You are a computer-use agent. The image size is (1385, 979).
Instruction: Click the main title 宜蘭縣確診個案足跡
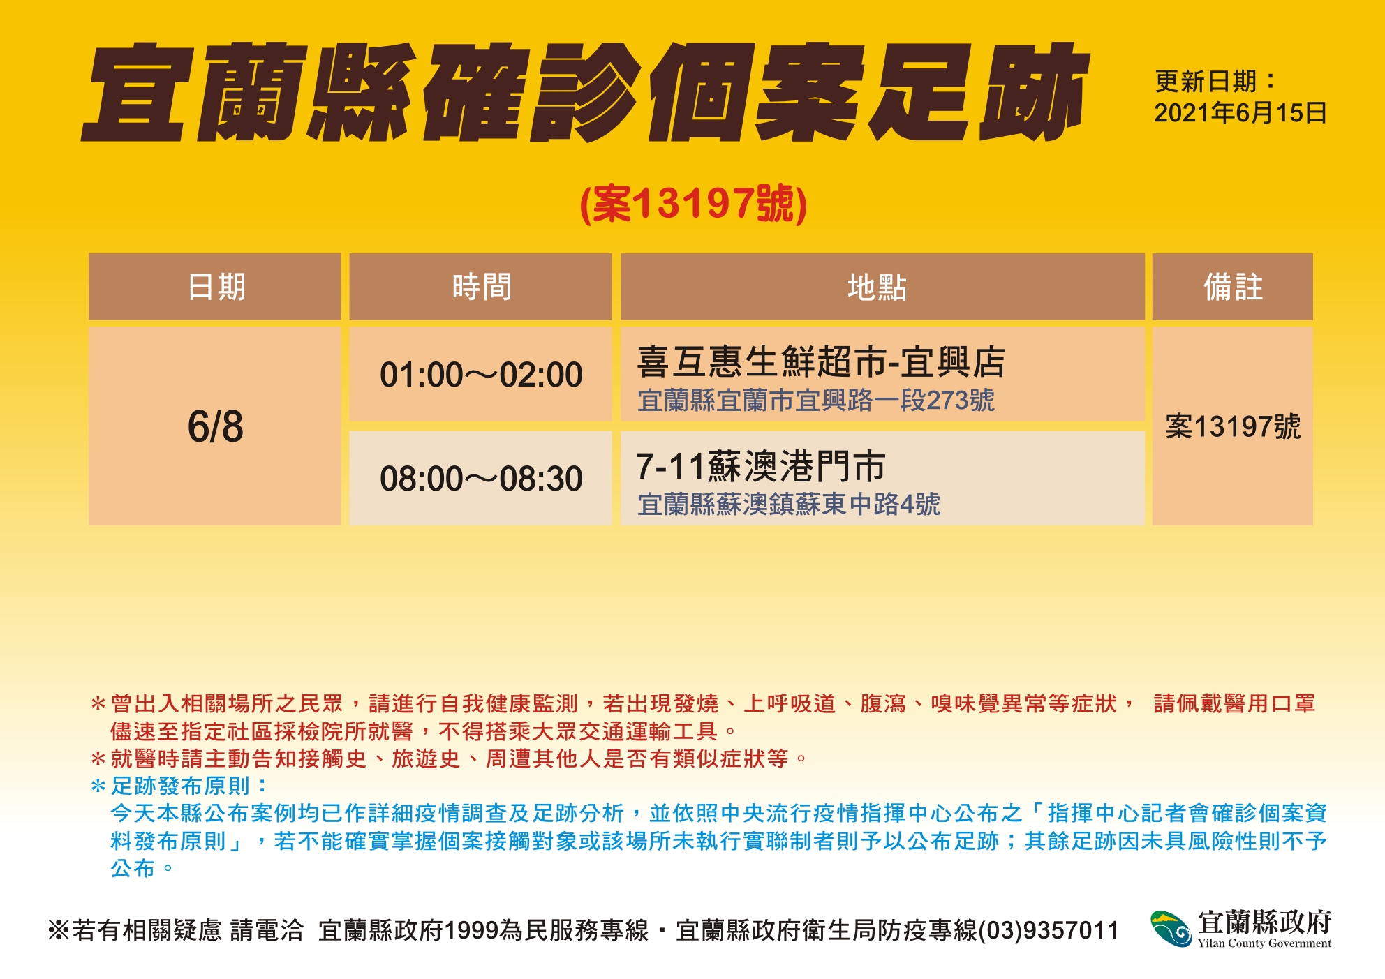point(585,92)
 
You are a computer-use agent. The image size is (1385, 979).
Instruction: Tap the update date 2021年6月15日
point(1240,113)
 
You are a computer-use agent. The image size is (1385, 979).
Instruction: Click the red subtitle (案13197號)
point(693,204)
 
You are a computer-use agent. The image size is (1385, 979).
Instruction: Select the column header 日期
point(216,287)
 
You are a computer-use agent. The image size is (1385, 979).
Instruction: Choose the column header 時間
point(481,287)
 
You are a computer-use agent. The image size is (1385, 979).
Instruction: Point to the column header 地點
point(877,287)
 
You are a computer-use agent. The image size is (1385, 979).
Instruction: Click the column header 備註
point(1233,287)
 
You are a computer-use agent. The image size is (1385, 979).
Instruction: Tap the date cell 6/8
point(215,426)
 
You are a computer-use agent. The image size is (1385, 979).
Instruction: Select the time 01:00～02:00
point(481,375)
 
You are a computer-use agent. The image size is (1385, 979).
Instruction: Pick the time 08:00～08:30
point(481,479)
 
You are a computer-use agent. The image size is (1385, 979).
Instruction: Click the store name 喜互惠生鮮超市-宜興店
point(821,361)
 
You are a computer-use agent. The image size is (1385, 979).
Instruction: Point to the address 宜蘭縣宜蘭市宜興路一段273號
point(815,401)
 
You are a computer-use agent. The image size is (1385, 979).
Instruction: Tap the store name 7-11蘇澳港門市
point(760,466)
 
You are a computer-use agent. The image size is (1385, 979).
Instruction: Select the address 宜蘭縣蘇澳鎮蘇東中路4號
point(789,504)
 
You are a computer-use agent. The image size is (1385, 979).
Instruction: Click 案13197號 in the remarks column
point(1233,426)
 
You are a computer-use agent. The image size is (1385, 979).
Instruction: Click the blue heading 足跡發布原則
point(180,786)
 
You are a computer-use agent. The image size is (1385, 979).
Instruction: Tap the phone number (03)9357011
point(1049,930)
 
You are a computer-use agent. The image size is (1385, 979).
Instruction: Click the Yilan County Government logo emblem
point(1171,929)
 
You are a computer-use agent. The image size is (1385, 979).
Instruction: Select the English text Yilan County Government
point(1264,943)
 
